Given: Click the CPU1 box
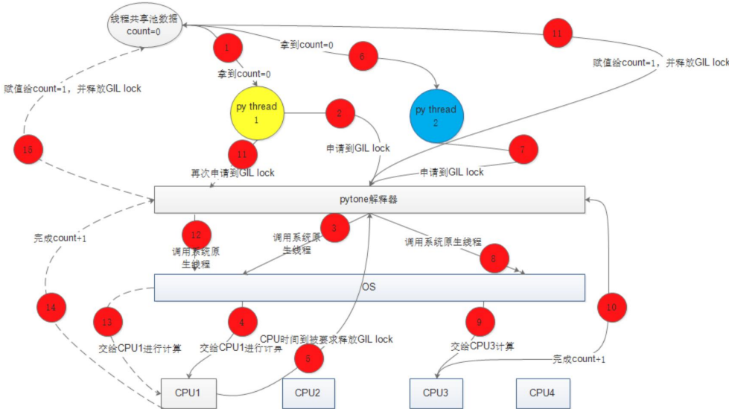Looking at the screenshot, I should click(x=188, y=392).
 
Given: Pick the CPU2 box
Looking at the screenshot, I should click(x=308, y=393).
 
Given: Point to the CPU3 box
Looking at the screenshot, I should click(x=436, y=393).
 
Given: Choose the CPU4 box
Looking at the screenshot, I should click(x=543, y=393).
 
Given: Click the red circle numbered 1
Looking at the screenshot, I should click(x=227, y=49).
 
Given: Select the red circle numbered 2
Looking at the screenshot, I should click(x=339, y=114).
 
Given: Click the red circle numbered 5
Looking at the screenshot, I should click(x=308, y=358).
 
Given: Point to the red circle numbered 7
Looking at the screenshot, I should click(x=523, y=150).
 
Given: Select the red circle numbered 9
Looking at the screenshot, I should click(x=480, y=322).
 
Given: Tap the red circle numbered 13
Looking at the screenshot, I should click(x=106, y=323).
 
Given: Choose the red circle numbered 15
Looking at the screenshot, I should click(x=28, y=150).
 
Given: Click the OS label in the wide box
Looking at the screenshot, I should click(x=368, y=287).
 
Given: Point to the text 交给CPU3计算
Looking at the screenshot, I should click(x=483, y=346).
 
